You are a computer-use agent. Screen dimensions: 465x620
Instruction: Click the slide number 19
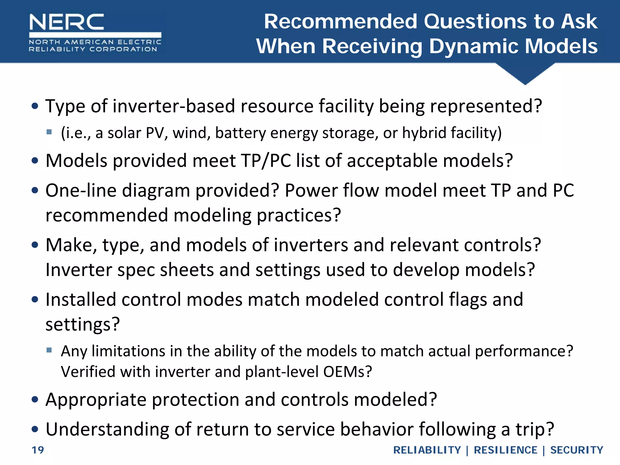38,450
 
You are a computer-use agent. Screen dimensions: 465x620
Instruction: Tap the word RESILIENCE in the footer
505,450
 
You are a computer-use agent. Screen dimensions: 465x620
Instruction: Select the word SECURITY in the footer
576,450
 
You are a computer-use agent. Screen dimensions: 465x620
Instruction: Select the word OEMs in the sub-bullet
347,372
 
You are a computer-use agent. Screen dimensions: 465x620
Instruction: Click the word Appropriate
96,400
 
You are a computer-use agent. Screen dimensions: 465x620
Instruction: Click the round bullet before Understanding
35,429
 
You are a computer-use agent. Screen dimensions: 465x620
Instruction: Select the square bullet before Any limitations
49,350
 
